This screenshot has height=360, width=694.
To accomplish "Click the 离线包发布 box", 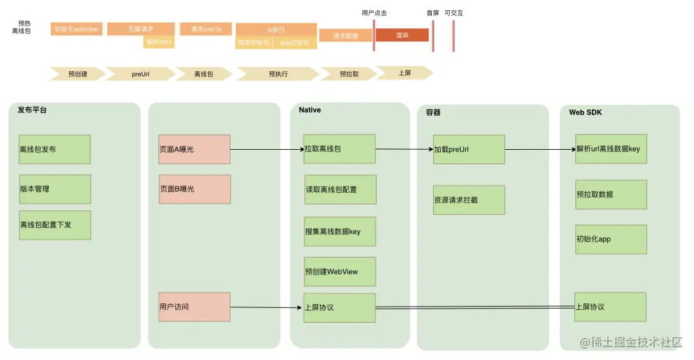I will tap(54, 149).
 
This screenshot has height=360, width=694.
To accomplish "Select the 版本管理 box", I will tap(54, 189).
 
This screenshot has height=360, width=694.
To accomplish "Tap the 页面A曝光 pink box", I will tap(194, 149).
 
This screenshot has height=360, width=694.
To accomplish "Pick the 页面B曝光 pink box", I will tap(194, 189).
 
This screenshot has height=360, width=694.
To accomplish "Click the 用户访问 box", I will tap(194, 307).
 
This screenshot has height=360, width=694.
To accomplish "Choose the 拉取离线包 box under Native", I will tap(339, 149).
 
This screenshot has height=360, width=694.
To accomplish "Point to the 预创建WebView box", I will tap(339, 271).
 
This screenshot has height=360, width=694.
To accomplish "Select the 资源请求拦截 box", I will tap(468, 200).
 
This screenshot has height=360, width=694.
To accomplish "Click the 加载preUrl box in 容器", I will tap(468, 149).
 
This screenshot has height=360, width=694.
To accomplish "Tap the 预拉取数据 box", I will tap(610, 194).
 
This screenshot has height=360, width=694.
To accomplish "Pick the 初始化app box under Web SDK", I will tap(610, 239).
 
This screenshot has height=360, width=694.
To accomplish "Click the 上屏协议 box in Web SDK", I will tap(610, 307).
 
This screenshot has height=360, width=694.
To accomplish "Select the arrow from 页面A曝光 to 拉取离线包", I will tap(267, 149).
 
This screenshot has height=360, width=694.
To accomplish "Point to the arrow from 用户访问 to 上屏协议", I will tap(267, 307).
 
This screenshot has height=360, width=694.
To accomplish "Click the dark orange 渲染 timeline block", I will tap(402, 35).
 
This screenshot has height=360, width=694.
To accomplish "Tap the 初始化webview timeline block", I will tap(76, 29).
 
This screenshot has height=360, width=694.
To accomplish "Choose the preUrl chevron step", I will tap(141, 73).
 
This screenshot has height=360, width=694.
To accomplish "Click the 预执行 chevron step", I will tap(278, 73).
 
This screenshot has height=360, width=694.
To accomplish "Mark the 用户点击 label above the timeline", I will tap(374, 13).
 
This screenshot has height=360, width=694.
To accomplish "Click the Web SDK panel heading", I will tap(585, 113).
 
